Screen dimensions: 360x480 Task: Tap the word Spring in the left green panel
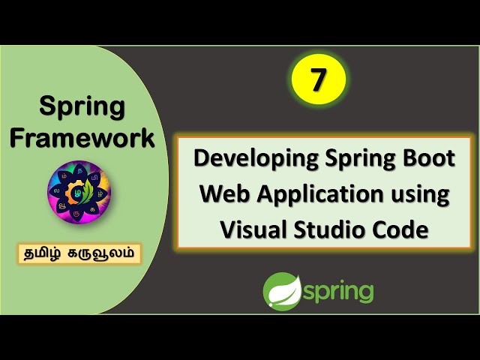click(82, 107)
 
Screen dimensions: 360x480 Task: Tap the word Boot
click(427, 159)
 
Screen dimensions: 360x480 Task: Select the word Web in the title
click(220, 194)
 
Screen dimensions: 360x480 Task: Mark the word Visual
click(253, 229)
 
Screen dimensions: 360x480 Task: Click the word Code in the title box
click(403, 229)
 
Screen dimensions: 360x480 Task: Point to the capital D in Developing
click(202, 159)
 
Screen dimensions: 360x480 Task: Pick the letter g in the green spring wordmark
click(364, 294)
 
